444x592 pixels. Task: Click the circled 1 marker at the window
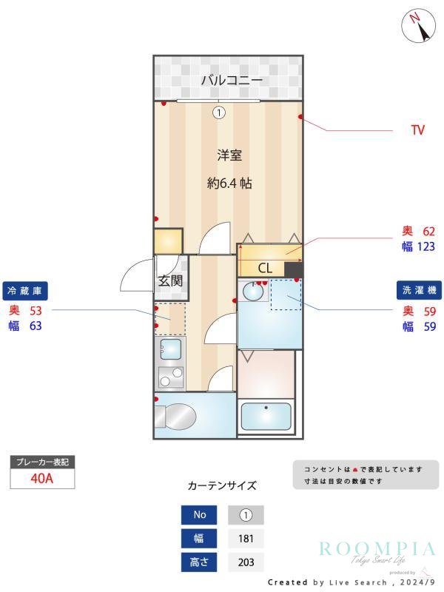tap(218, 113)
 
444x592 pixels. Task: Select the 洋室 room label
tap(229, 155)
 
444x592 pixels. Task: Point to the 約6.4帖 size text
tap(229, 183)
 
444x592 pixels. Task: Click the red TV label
tap(417, 130)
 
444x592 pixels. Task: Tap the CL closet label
tap(265, 268)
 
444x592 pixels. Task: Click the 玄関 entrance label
tap(170, 280)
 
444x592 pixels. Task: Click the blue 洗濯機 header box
tap(417, 290)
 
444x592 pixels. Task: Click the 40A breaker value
tap(41, 478)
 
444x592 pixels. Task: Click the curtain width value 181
tap(246, 539)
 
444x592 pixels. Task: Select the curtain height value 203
tap(246, 562)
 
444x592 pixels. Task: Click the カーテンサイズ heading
tap(222, 486)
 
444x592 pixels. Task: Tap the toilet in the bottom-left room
tap(178, 417)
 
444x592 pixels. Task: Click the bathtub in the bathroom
tap(266, 417)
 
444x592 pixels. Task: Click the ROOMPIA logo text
tap(377, 548)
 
